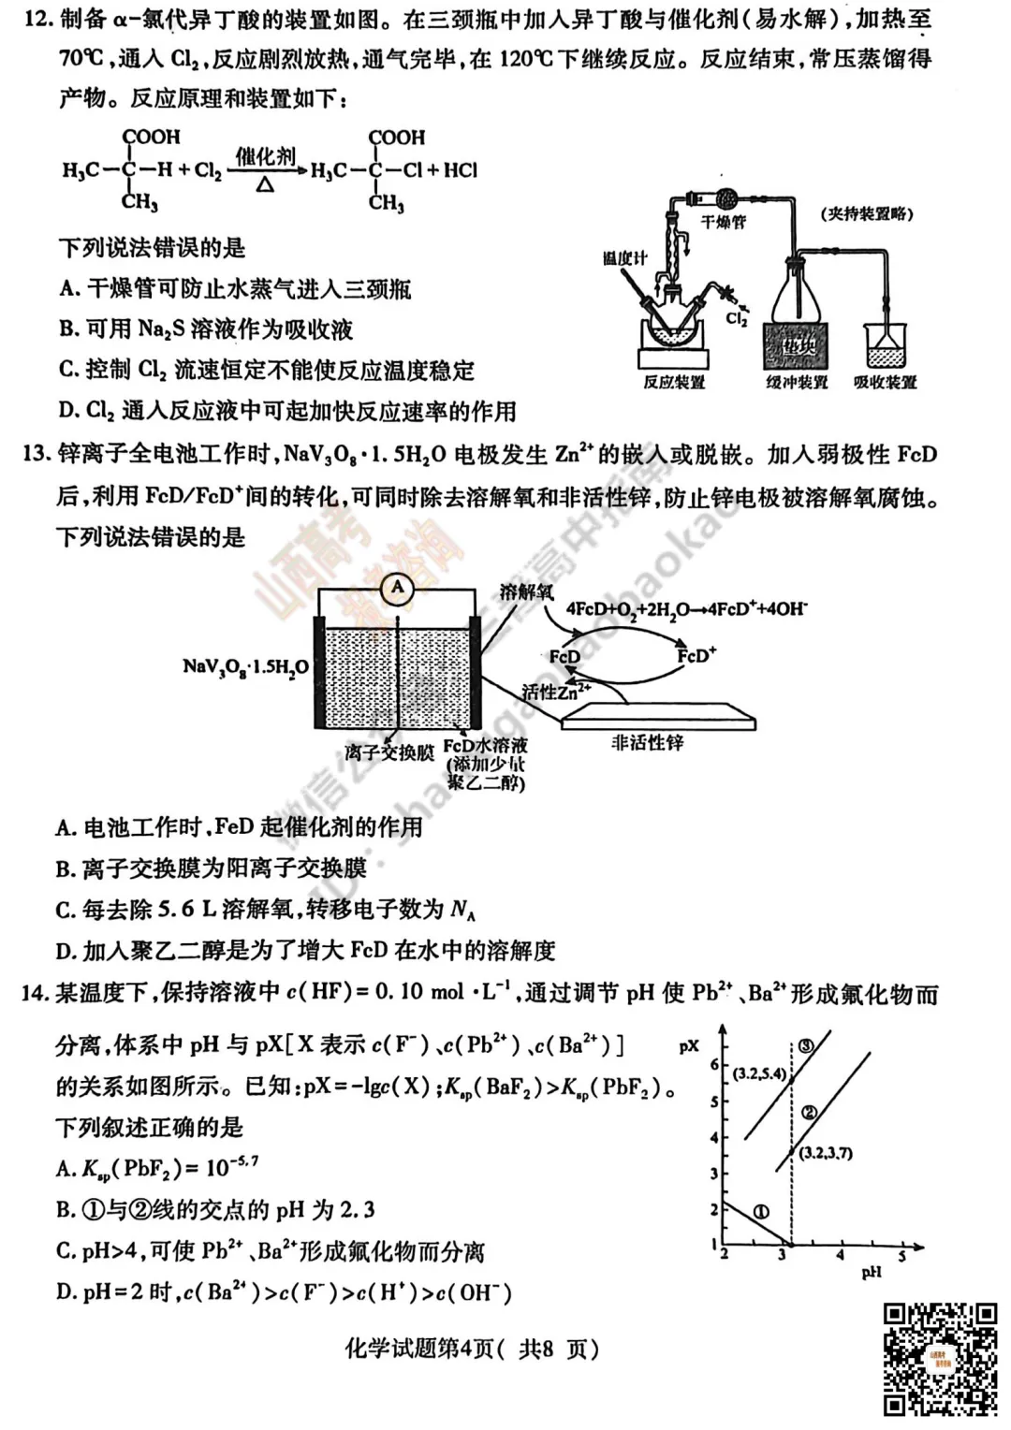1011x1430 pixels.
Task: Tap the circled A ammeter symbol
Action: tap(398, 588)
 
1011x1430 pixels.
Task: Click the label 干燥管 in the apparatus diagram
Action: tap(724, 222)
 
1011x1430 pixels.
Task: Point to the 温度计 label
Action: tap(624, 257)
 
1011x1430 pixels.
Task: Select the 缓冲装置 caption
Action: tap(797, 382)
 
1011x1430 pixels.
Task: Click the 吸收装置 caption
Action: tap(885, 382)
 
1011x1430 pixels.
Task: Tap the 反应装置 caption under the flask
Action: tap(674, 382)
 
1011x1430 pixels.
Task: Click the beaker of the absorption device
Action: tap(886, 346)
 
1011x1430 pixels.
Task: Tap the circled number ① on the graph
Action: tap(761, 1212)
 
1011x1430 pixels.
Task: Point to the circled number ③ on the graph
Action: tap(804, 1046)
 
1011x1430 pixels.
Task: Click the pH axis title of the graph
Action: tap(871, 1272)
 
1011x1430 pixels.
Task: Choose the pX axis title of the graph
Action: tap(689, 1045)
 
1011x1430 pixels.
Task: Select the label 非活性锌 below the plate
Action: tap(647, 742)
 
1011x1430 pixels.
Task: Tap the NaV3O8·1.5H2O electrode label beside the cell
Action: tap(245, 666)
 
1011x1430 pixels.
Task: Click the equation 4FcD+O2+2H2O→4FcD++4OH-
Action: tap(686, 609)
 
